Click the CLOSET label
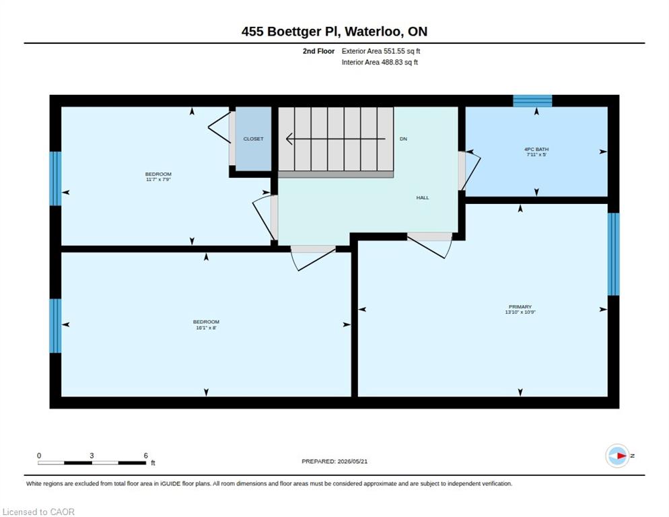253,139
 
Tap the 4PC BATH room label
536,151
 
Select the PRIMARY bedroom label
520,309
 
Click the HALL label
423,198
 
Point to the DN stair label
403,139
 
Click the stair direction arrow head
289,139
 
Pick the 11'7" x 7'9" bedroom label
158,177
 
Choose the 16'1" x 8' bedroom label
206,324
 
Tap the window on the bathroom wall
532,101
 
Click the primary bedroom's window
614,254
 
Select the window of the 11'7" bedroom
55,178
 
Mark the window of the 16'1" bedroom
55,326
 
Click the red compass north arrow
622,456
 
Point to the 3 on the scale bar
92,456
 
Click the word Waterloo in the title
373,32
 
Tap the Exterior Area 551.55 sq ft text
380,51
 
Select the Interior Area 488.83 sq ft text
380,63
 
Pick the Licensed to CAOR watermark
38,512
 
